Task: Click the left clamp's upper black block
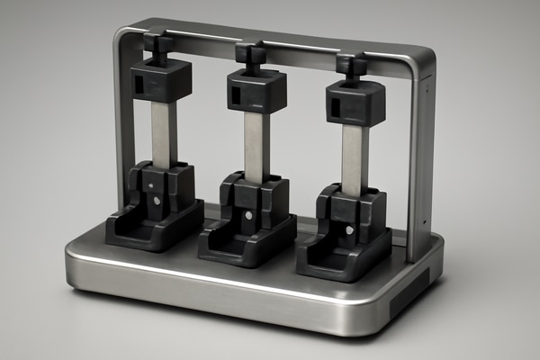tap(161, 81)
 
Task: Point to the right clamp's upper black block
tap(355, 103)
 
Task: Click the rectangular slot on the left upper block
tap(139, 84)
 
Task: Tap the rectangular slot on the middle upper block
tap(234, 94)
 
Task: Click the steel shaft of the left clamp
tap(163, 133)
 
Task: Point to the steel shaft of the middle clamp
tap(256, 144)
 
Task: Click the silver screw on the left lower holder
tap(157, 201)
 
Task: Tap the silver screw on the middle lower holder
tap(249, 215)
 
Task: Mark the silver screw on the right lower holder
tap(349, 229)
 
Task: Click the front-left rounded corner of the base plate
tap(76, 270)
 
